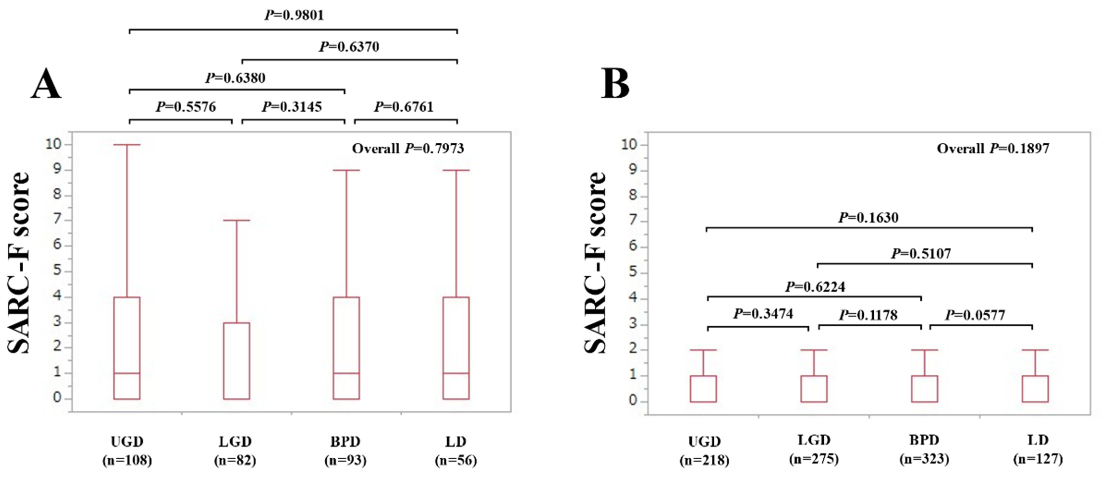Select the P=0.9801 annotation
pyautogui.click(x=294, y=16)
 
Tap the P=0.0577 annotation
pyautogui.click(x=975, y=315)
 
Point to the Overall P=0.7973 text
pyautogui.click(x=408, y=149)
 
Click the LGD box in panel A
pyautogui.click(x=237, y=361)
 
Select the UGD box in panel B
pyautogui.click(x=703, y=389)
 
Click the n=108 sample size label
pyautogui.click(x=127, y=461)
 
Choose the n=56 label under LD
pyautogui.click(x=456, y=461)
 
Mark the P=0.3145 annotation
pyautogui.click(x=292, y=107)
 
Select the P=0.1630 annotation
pyautogui.click(x=868, y=218)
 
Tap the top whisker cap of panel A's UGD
pyautogui.click(x=127, y=145)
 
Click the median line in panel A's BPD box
pyautogui.click(x=346, y=373)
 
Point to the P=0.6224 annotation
pyautogui.click(x=815, y=287)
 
